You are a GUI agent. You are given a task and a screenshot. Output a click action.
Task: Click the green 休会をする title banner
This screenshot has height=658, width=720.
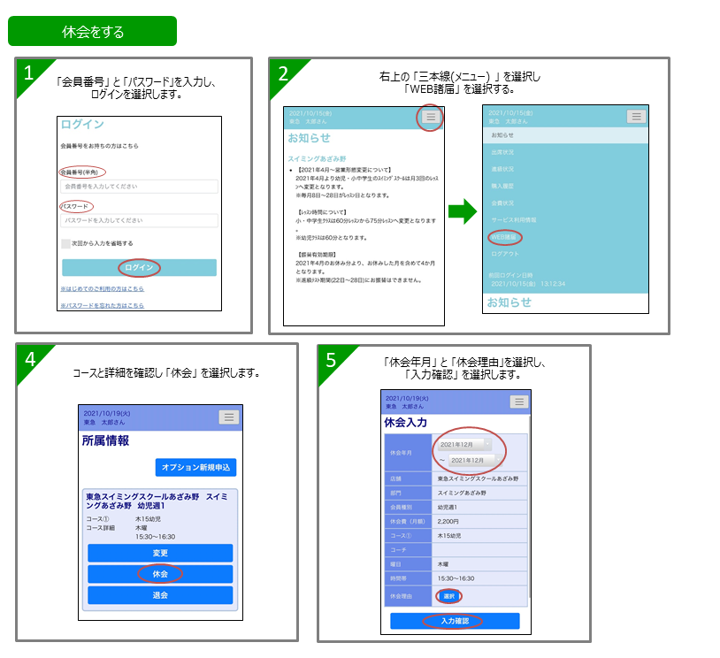pos(92,31)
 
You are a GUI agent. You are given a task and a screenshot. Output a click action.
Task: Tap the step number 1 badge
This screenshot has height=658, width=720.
pos(29,73)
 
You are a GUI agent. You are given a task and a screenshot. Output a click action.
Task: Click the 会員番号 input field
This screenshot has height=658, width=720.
pos(139,187)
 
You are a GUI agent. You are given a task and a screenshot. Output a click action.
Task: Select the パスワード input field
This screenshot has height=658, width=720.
pos(139,220)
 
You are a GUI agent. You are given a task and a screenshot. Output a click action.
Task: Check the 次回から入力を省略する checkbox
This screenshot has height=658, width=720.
pos(66,243)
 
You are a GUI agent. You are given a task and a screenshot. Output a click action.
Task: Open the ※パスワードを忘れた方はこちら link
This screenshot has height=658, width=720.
pos(102,305)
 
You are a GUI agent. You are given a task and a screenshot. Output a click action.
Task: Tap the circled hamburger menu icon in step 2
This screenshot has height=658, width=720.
pos(430,117)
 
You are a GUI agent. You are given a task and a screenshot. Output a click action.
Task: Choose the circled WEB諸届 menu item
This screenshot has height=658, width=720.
pos(505,237)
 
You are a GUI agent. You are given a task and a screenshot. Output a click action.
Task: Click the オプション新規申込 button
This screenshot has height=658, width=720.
pos(195,467)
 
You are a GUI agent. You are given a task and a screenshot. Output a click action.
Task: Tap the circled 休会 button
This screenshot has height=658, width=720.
pos(160,574)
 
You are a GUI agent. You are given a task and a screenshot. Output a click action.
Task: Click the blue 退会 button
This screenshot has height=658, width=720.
pos(160,595)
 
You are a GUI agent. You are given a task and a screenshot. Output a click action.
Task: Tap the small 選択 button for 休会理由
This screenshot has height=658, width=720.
pos(448,597)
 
